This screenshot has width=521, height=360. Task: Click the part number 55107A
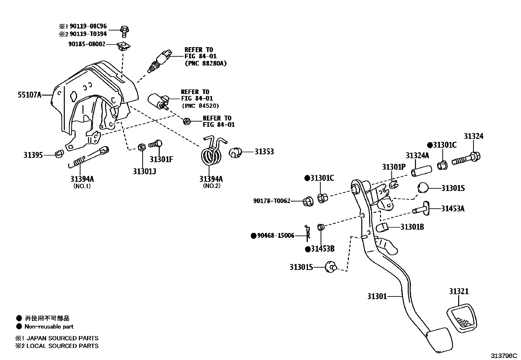click(x=29, y=95)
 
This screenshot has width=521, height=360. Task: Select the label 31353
click(x=264, y=152)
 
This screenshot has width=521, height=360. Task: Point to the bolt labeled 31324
click(x=466, y=159)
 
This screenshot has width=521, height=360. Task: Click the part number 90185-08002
click(x=87, y=44)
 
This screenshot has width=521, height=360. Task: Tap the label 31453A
click(x=453, y=208)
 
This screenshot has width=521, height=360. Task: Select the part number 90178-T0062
click(x=272, y=201)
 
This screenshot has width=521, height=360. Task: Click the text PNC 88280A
click(x=206, y=63)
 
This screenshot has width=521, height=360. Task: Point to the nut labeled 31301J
click(x=142, y=147)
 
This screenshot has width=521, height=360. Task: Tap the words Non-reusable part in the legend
click(x=49, y=327)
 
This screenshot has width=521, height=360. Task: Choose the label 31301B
click(x=412, y=227)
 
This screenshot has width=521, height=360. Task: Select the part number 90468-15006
click(x=276, y=236)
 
